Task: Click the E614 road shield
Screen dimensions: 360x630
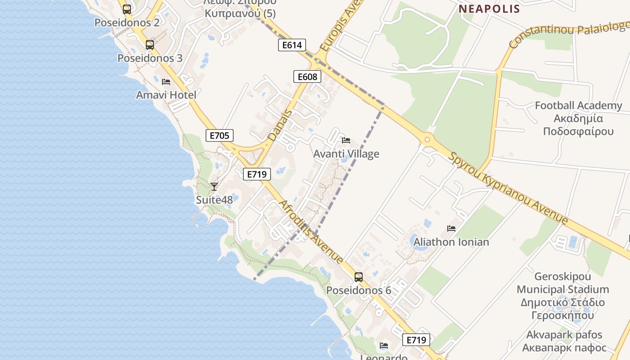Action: click(292, 45)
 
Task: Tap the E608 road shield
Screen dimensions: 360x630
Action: click(307, 76)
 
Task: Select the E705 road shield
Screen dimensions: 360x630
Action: click(220, 135)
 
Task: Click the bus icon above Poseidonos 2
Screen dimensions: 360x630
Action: click(127, 9)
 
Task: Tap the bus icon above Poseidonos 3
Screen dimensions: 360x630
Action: click(150, 45)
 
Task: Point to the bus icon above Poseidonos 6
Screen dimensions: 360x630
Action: click(359, 277)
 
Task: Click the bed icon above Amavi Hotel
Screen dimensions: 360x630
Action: click(166, 82)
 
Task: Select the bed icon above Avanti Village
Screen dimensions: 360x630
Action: click(346, 140)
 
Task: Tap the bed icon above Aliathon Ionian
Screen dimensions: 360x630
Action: click(451, 229)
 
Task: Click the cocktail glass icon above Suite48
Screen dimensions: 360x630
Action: click(214, 186)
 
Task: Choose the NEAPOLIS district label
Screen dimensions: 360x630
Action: click(489, 9)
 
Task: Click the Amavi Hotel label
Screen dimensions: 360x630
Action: click(166, 95)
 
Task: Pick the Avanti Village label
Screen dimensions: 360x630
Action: click(346, 154)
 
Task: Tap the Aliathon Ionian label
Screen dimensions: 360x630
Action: click(451, 242)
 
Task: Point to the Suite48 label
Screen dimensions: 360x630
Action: click(214, 200)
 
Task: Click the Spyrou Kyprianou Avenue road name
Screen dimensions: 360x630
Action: click(508, 187)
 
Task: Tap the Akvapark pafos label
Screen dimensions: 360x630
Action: click(564, 341)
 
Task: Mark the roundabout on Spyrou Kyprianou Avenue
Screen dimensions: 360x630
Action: click(427, 140)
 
